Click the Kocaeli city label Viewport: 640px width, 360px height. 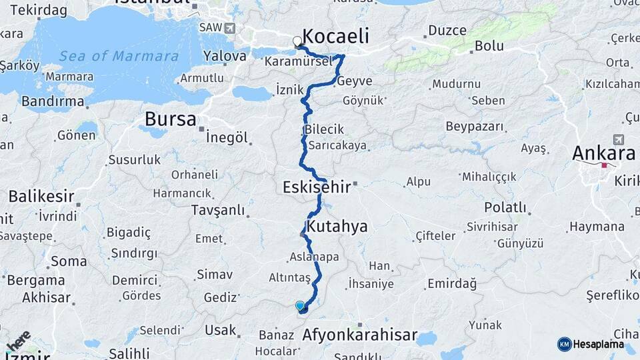335,36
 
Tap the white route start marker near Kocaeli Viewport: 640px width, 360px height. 297,41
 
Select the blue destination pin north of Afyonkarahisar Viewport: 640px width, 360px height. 300,306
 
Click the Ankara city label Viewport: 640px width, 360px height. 603,153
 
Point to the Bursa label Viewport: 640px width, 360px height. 171,119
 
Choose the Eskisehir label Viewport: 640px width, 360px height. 317,187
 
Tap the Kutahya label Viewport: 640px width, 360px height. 337,226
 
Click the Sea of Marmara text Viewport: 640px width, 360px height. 118,56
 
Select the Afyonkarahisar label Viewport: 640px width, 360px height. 360,335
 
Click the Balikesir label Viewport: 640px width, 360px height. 41,196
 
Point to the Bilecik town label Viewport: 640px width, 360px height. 324,129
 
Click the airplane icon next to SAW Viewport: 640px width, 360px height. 230,27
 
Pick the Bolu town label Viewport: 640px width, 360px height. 489,46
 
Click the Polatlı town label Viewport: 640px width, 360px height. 505,207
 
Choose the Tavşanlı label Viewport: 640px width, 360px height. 218,209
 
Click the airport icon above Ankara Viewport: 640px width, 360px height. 618,139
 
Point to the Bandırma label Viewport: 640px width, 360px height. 53,102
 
